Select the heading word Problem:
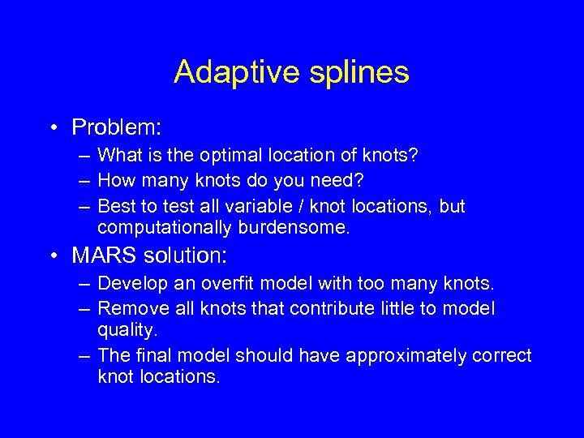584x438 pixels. pos(117,127)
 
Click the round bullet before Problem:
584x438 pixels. pos(52,127)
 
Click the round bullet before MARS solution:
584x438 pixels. pos(52,256)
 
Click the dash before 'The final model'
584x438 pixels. pos(85,356)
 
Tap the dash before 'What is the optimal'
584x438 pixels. pos(85,154)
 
